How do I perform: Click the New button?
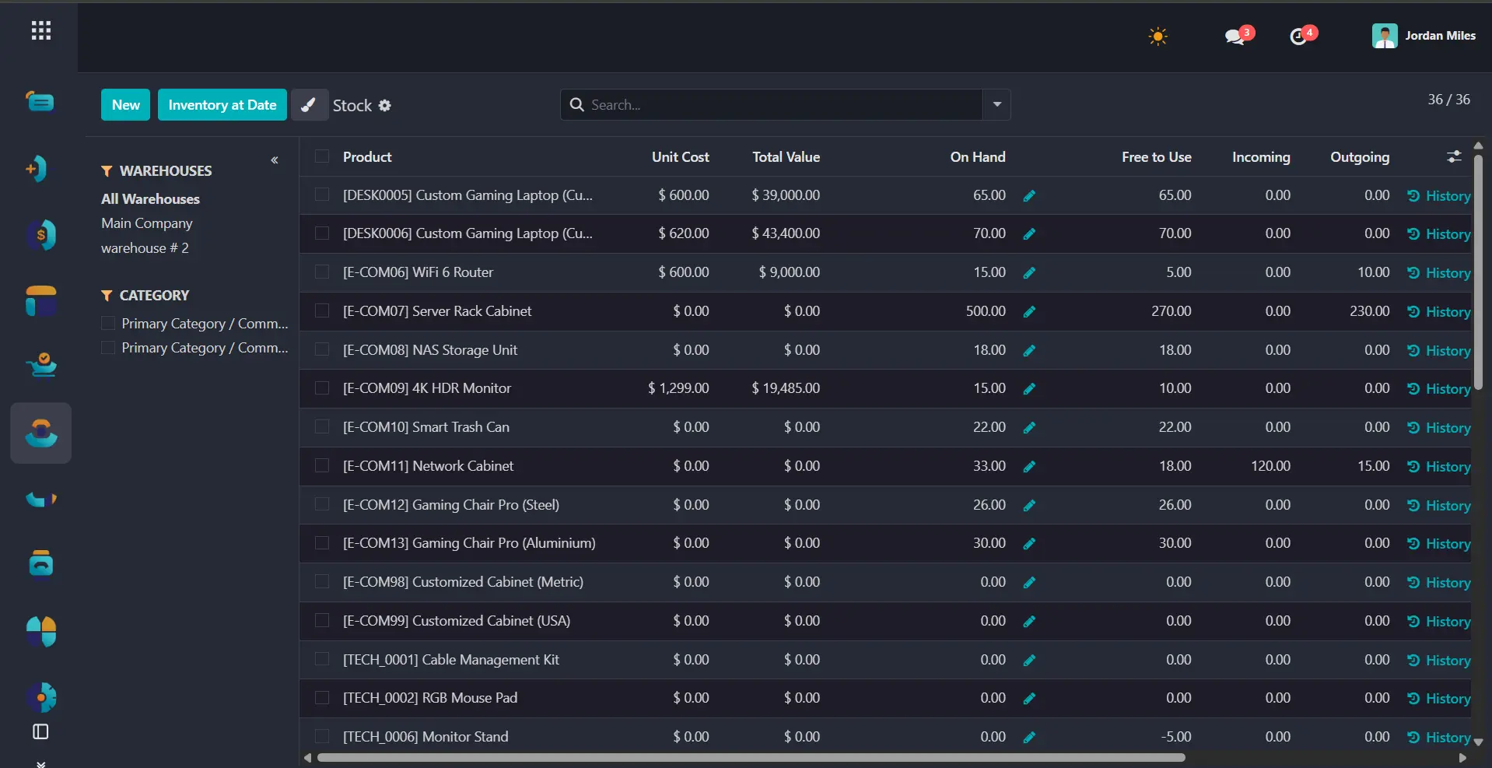click(x=125, y=105)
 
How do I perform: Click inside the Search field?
click(x=778, y=105)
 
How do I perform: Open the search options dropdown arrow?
click(x=996, y=105)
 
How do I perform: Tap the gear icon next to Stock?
click(x=384, y=106)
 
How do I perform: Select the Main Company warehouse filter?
click(x=147, y=223)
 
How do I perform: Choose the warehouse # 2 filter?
click(x=145, y=248)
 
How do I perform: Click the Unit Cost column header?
click(x=680, y=157)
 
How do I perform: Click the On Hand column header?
click(x=977, y=157)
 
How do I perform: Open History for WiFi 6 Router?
click(x=1439, y=273)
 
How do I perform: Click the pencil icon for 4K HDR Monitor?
click(x=1029, y=389)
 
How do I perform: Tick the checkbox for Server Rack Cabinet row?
click(x=321, y=311)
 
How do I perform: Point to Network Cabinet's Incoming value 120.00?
click(x=1270, y=466)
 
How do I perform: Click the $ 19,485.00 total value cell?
click(x=786, y=388)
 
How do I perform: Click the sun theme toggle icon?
click(x=1158, y=37)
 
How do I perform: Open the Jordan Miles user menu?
click(x=1424, y=36)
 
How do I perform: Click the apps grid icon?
click(x=41, y=31)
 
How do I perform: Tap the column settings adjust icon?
click(x=1454, y=157)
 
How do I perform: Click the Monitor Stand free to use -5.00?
click(x=1175, y=737)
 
